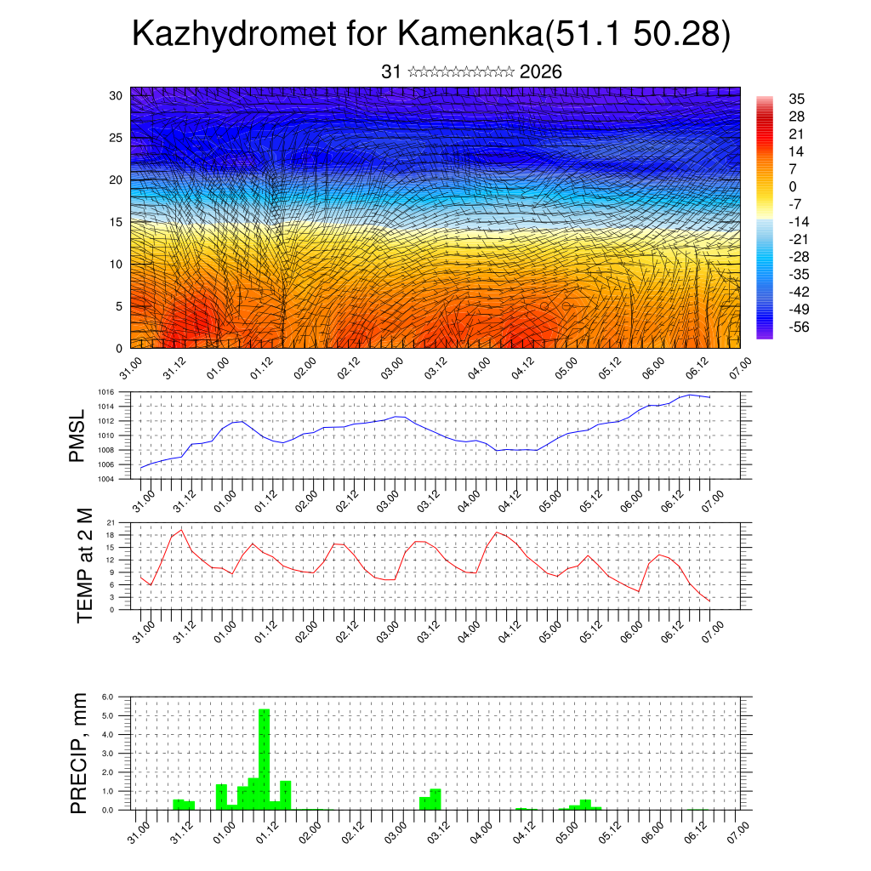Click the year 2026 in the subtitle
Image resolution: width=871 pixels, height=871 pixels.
(x=540, y=72)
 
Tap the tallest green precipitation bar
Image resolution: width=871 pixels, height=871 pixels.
(x=264, y=759)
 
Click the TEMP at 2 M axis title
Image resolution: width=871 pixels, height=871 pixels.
(x=84, y=565)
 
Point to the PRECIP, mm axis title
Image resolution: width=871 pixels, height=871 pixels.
(x=79, y=753)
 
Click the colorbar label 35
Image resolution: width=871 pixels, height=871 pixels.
(x=797, y=100)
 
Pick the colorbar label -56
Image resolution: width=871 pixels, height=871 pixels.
(x=799, y=327)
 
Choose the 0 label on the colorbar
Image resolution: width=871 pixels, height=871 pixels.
(x=794, y=186)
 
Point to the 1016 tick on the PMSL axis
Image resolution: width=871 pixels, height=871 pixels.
(x=105, y=392)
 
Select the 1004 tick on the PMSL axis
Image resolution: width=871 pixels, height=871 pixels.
(x=105, y=480)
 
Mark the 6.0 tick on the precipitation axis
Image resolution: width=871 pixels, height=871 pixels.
(x=108, y=697)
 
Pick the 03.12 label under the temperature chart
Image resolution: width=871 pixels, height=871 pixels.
(x=427, y=631)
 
